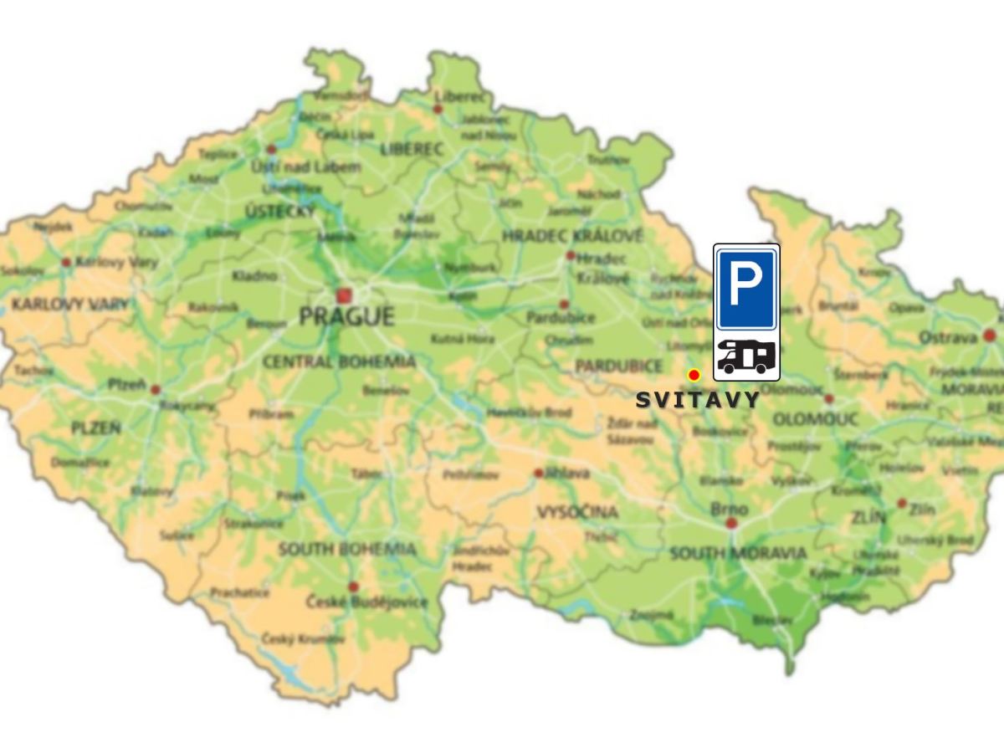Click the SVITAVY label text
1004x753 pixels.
(x=698, y=401)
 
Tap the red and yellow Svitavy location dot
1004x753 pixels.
(x=694, y=375)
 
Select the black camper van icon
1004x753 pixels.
(x=746, y=357)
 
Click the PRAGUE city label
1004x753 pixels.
(x=346, y=317)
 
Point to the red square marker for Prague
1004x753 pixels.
(x=344, y=295)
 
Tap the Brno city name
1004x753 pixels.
(x=729, y=510)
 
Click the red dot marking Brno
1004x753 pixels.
(x=732, y=523)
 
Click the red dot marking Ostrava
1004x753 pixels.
(x=990, y=336)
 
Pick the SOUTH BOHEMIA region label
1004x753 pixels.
(x=347, y=550)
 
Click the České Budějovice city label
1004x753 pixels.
(x=366, y=602)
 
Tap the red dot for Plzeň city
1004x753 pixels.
(x=155, y=390)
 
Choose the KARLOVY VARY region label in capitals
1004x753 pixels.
(x=71, y=304)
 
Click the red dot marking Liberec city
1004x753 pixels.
(x=437, y=109)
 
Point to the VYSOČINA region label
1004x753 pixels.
(x=577, y=511)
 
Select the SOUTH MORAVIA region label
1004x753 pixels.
(x=738, y=553)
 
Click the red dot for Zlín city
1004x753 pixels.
(x=902, y=504)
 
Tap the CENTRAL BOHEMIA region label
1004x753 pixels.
(x=339, y=361)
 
